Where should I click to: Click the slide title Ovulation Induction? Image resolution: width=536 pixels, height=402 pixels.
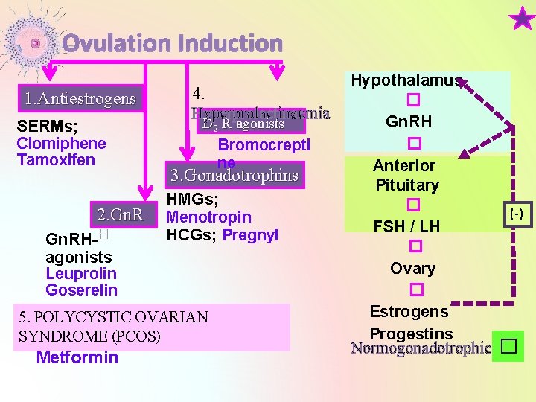click(172, 44)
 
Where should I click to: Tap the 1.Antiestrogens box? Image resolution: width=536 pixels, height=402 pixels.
click(80, 98)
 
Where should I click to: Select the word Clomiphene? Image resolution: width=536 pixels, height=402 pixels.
click(61, 144)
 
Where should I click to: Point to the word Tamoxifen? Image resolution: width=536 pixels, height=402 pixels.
click(56, 160)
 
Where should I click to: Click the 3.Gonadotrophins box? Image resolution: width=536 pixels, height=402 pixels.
click(234, 176)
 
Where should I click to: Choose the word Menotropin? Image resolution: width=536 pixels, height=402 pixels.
click(208, 217)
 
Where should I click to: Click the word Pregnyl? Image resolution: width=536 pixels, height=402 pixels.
click(250, 234)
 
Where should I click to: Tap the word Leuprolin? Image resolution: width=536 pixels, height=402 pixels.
click(81, 274)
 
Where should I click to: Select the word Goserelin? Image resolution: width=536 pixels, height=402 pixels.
click(81, 290)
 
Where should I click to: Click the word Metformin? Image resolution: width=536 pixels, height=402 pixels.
click(77, 357)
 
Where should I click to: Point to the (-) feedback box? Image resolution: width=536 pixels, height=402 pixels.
click(516, 214)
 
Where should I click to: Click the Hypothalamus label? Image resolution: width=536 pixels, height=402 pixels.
click(406, 80)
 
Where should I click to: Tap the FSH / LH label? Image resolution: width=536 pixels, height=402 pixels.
click(407, 226)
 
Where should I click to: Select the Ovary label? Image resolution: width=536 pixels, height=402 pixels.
click(413, 268)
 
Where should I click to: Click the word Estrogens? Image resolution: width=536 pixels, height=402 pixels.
click(409, 312)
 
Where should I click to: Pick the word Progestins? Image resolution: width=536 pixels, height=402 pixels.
click(411, 333)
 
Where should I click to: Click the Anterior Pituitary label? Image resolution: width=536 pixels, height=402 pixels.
click(406, 175)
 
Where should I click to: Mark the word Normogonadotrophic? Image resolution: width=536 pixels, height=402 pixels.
click(421, 348)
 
